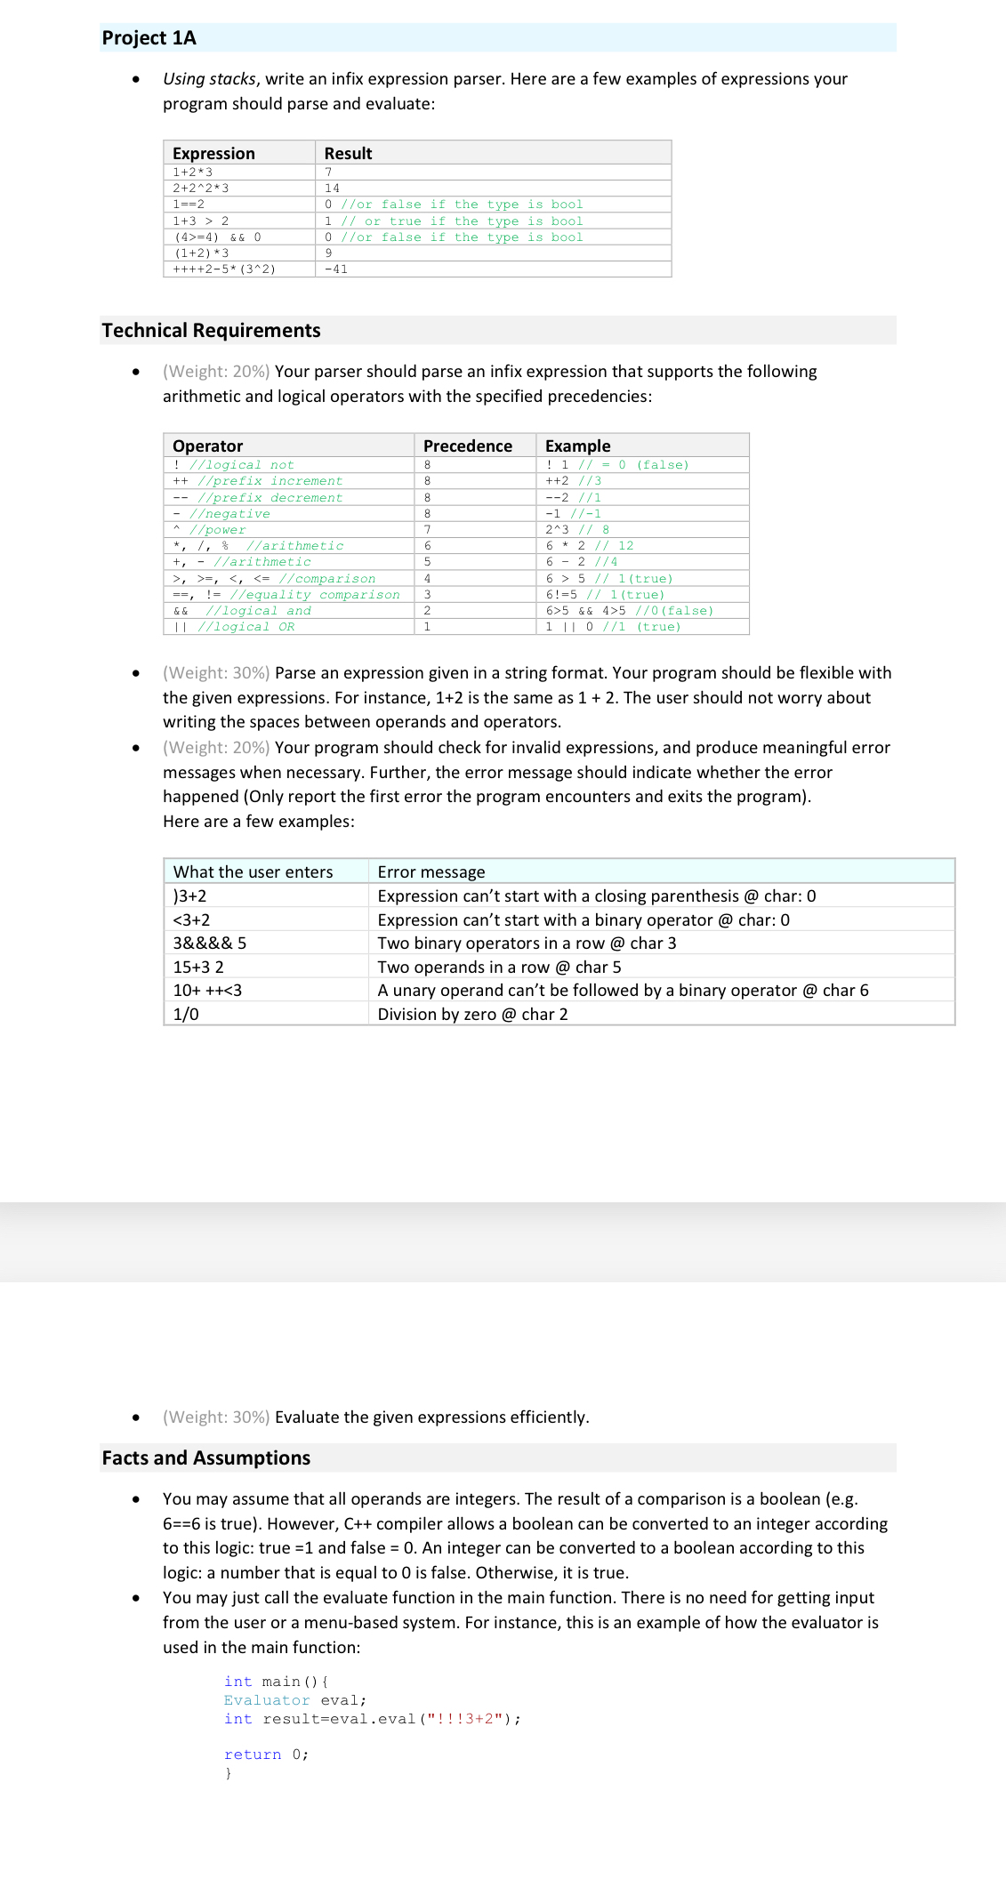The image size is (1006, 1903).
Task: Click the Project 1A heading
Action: point(149,38)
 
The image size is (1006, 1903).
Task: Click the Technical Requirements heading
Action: point(211,331)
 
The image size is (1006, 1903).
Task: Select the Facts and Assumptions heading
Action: point(205,1457)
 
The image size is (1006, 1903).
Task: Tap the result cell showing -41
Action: point(336,269)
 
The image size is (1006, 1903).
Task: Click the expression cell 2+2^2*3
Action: point(201,189)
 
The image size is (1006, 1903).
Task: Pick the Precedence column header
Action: point(468,446)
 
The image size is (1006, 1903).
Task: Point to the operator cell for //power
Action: point(210,530)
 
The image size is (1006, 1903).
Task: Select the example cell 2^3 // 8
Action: point(577,530)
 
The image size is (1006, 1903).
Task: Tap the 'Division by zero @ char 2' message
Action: point(472,1015)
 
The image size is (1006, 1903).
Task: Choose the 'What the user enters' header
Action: point(253,872)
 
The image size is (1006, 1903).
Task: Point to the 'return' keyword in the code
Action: point(253,1754)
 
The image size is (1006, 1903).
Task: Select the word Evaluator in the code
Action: point(267,1700)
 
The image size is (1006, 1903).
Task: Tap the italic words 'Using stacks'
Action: point(210,79)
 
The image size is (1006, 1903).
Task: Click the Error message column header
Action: point(431,872)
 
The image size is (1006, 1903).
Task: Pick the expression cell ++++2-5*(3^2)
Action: point(224,269)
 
